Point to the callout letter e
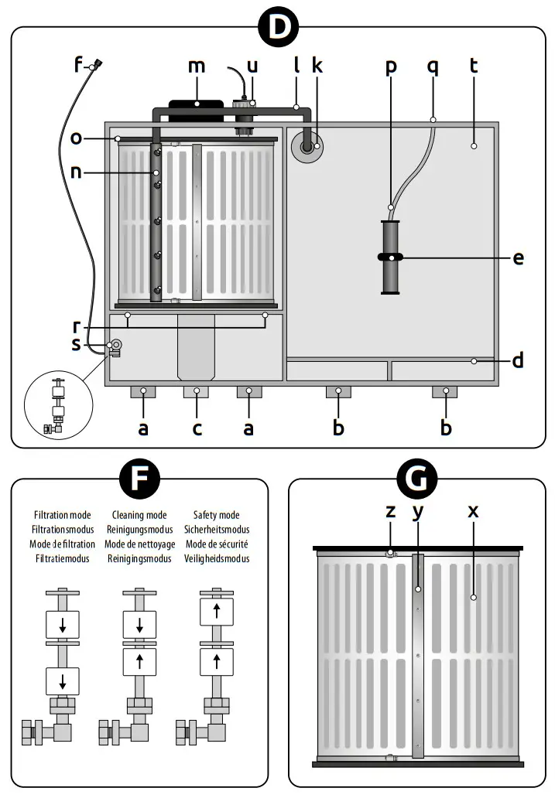click(x=518, y=257)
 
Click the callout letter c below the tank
click(x=197, y=428)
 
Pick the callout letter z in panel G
click(x=391, y=511)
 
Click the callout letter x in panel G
click(x=473, y=511)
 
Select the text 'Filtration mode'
click(x=63, y=515)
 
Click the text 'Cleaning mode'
click(x=139, y=515)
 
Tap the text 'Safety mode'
click(x=216, y=515)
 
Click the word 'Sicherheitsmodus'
click(x=216, y=530)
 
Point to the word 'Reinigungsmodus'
click(x=139, y=530)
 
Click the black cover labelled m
click(x=197, y=103)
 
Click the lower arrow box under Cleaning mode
click(x=139, y=661)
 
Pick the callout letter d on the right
click(x=518, y=360)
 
